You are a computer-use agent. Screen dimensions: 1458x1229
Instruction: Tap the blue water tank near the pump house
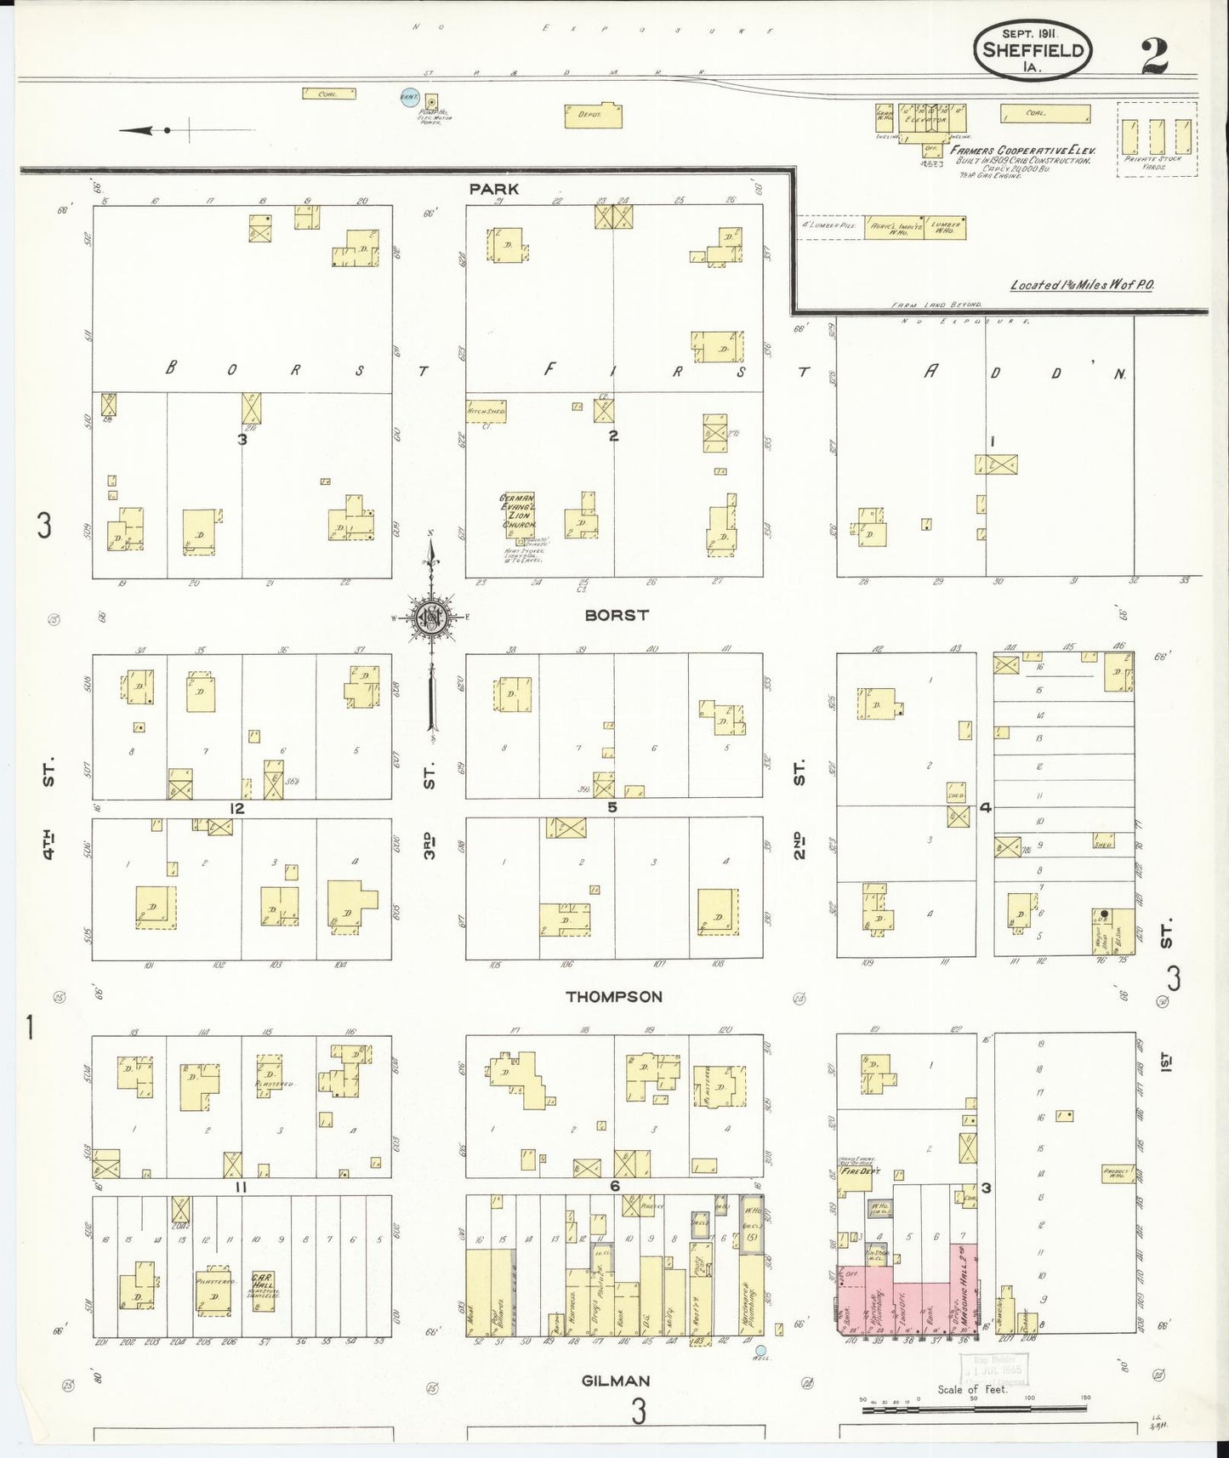(x=410, y=99)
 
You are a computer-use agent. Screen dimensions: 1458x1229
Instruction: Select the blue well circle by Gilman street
(x=760, y=1350)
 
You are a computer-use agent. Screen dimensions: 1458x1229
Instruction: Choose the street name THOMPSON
(x=614, y=996)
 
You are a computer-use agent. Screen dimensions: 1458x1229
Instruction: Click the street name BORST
(x=617, y=614)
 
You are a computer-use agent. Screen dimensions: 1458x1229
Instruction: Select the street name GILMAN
(x=616, y=1381)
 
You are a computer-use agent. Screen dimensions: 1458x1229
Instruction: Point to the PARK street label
(x=493, y=189)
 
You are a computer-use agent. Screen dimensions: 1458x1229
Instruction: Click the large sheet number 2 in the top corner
(x=1154, y=56)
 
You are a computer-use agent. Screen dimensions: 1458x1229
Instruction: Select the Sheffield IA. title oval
(x=1032, y=49)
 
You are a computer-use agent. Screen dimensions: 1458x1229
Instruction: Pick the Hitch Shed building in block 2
(x=486, y=412)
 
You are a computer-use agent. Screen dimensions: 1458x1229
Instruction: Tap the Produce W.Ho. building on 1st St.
(x=1117, y=1173)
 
